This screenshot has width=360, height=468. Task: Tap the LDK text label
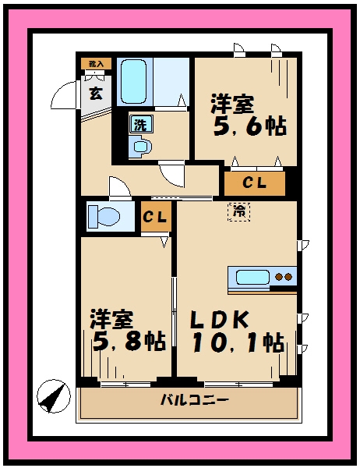click(221, 320)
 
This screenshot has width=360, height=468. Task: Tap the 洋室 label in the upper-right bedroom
click(232, 104)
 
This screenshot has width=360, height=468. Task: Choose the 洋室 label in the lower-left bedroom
click(112, 319)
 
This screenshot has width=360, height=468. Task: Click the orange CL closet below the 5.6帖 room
click(254, 184)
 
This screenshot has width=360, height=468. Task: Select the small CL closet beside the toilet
click(156, 218)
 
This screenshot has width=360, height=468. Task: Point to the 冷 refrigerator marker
click(238, 211)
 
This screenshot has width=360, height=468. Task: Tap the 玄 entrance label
click(95, 94)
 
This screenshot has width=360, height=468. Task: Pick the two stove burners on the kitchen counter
click(285, 277)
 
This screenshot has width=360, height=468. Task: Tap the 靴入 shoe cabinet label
click(97, 63)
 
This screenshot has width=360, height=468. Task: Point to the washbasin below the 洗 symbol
click(141, 146)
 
